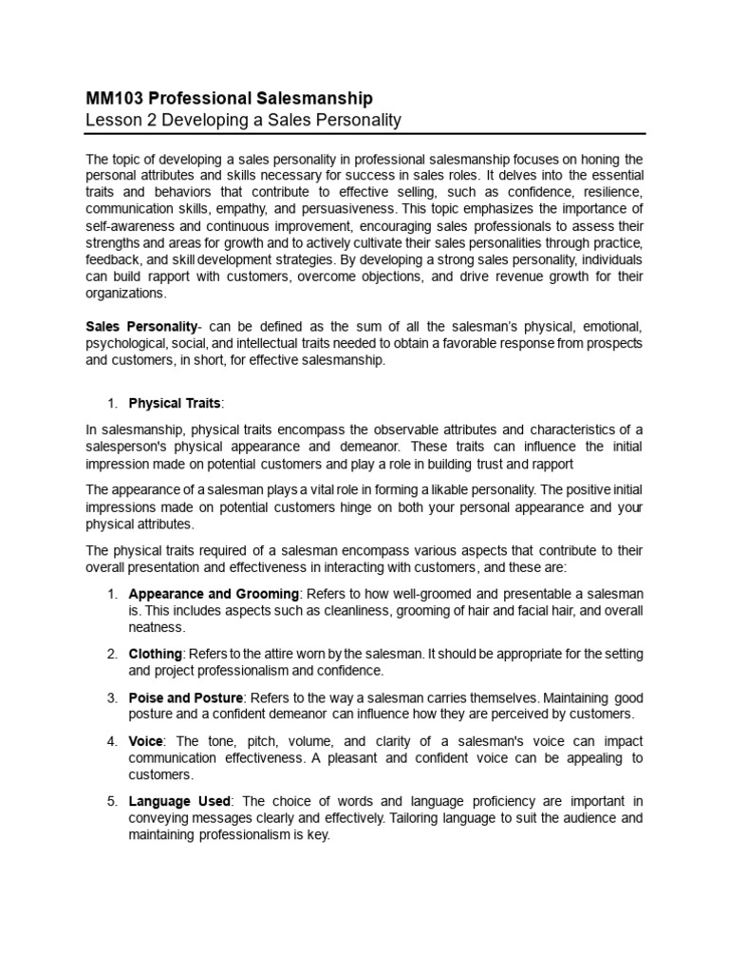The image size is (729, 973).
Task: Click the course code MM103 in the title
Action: [x=112, y=98]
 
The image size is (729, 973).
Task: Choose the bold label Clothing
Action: [x=157, y=654]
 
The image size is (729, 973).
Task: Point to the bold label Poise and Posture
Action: [x=187, y=698]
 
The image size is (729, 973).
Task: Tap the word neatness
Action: [x=157, y=626]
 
